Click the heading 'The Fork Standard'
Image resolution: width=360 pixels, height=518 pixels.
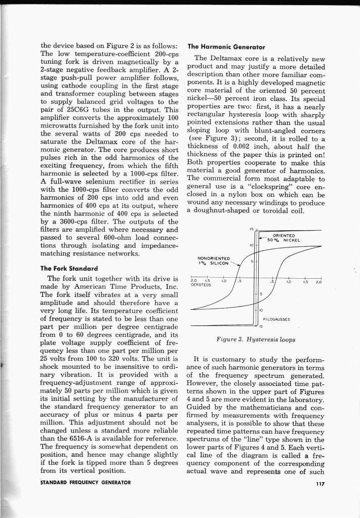click(69, 268)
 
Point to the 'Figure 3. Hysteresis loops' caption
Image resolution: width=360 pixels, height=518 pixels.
click(255, 340)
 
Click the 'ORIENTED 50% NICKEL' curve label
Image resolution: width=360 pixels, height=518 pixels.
click(284, 238)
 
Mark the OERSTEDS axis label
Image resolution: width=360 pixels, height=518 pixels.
click(201, 284)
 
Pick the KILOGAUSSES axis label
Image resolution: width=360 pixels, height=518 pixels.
click(276, 319)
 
